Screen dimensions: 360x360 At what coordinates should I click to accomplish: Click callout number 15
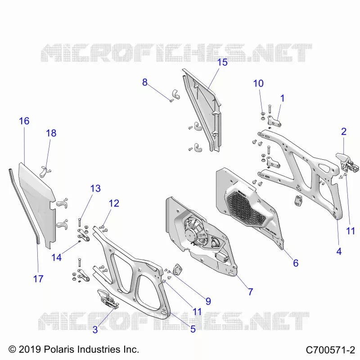coord(222,63)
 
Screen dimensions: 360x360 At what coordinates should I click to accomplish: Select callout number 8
coord(144,82)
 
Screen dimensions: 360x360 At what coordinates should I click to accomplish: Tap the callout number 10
coord(258,83)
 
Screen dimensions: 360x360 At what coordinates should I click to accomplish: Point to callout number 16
coord(24,121)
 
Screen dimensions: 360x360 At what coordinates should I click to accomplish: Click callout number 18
coord(51,133)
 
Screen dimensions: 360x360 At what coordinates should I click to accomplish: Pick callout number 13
coord(95,189)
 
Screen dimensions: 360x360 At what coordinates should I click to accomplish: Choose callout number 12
coord(114,203)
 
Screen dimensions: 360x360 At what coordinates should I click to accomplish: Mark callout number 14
coord(57,257)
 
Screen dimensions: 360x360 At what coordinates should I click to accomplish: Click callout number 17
coord(38,279)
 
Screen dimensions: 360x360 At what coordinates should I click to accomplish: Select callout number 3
coord(95,330)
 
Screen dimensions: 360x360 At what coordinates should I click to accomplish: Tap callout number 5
coord(193,329)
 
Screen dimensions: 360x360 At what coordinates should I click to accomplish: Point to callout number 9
coord(208,301)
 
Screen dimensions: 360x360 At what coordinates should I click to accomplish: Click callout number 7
coord(251,292)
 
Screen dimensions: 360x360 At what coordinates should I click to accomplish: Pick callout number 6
coord(296,263)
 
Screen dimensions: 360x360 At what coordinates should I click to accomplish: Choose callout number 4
coord(339,252)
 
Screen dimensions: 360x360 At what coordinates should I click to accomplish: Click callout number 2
coord(344,131)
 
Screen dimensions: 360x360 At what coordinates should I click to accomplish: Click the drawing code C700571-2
coord(330,350)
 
